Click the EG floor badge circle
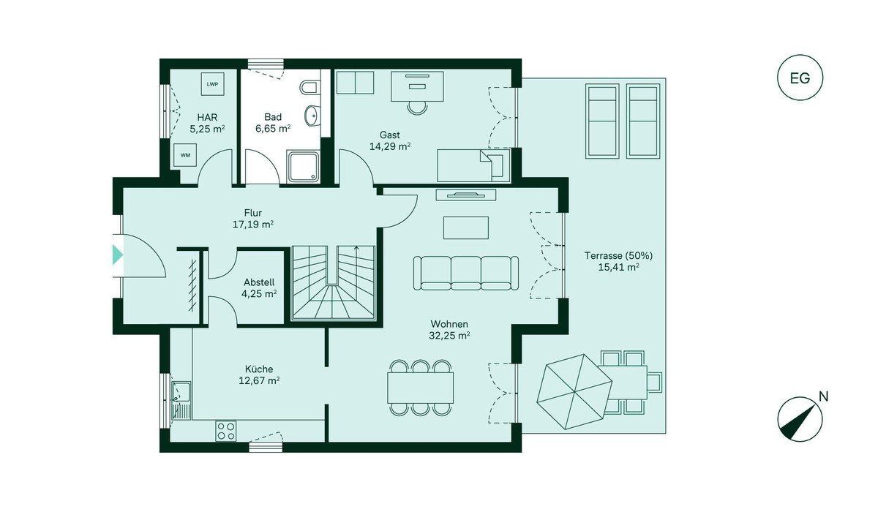800,78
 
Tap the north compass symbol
800,419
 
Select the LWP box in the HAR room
212,84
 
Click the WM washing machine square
185,155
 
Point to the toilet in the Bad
310,87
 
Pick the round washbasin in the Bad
312,116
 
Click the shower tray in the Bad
303,167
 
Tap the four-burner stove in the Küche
226,431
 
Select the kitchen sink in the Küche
181,400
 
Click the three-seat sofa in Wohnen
466,273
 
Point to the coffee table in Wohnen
466,227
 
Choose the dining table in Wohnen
420,388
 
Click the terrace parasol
574,392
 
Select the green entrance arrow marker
118,255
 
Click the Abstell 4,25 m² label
259,288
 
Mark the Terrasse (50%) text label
618,256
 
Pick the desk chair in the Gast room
418,107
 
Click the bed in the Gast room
473,165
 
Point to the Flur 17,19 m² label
253,219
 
